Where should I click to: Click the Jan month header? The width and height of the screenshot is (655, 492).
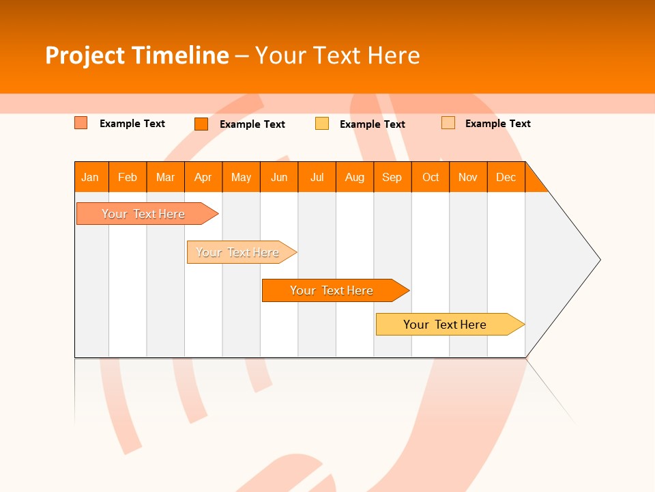coord(91,177)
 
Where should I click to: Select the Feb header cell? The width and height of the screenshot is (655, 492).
coord(128,177)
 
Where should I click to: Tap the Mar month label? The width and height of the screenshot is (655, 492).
coord(165,177)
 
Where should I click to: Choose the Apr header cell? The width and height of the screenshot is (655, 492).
coord(203,177)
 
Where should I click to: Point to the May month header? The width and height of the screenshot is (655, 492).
coord(241,177)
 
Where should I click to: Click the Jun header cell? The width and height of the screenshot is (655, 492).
coord(279,177)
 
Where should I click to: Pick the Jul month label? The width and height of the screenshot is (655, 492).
coord(317,177)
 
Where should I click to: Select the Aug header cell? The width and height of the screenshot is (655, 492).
coord(355,177)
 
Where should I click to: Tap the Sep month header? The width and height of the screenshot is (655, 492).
coord(392,177)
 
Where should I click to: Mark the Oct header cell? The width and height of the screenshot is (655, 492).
coord(431,177)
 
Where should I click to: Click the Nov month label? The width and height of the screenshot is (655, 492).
coord(468,177)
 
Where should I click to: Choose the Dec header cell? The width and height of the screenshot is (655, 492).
coord(506,177)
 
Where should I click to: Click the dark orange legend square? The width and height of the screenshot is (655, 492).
coord(201,124)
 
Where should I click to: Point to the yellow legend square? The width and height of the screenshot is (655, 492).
coord(322,124)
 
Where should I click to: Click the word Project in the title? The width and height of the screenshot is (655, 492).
coord(84,55)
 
